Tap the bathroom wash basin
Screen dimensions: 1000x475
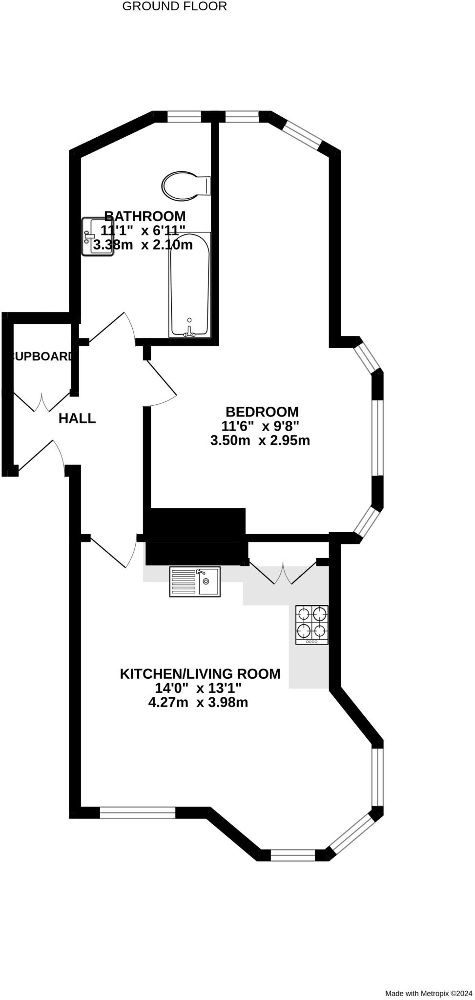[97, 237]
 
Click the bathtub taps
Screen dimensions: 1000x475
[189, 332]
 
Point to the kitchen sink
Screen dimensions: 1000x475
[195, 581]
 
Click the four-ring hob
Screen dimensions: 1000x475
[312, 625]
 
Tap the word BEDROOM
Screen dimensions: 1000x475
[262, 412]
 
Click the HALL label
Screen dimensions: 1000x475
[77, 418]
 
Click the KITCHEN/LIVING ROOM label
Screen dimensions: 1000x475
[200, 674]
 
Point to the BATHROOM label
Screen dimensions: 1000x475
[145, 216]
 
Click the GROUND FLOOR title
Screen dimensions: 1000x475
[174, 6]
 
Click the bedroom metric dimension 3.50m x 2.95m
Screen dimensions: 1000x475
[260, 440]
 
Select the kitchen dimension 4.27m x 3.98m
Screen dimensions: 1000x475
[198, 703]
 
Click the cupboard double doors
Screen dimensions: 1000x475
[41, 401]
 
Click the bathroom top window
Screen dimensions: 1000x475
[184, 116]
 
